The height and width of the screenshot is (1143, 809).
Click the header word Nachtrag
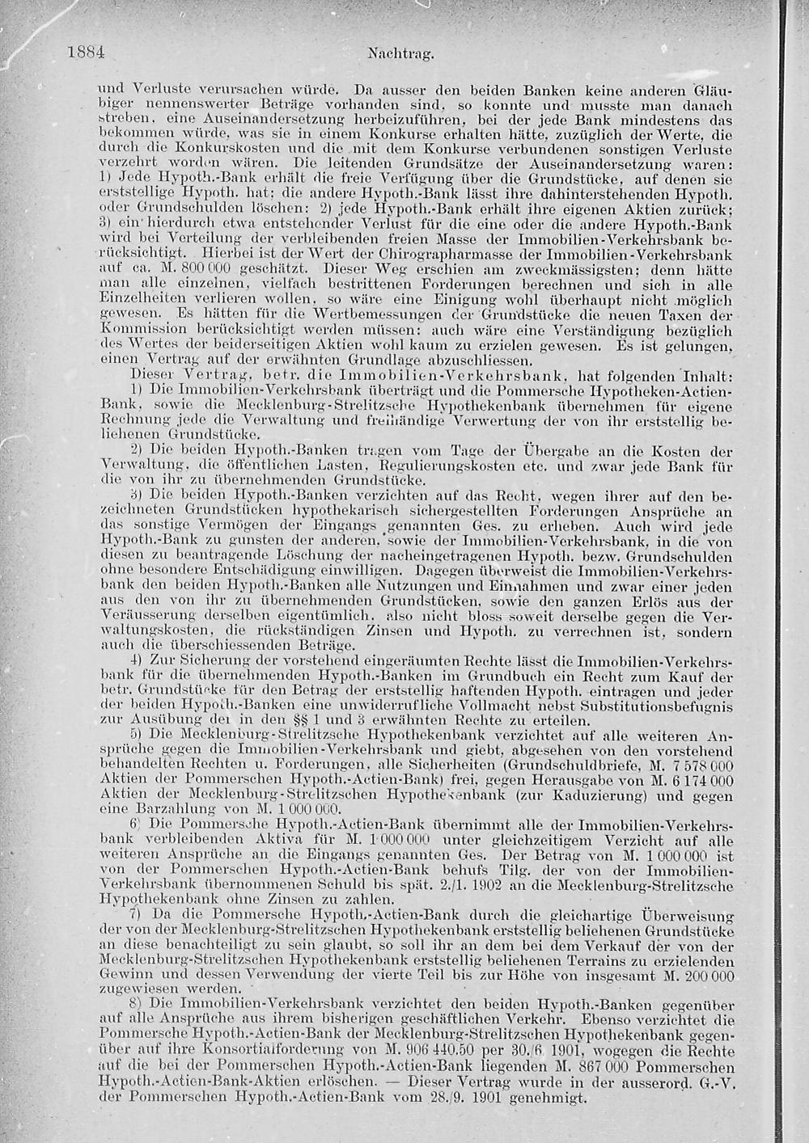point(401,55)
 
